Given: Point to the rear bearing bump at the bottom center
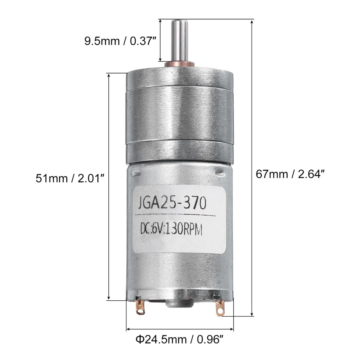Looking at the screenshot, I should [179, 302].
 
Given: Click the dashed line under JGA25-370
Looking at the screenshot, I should [175, 215].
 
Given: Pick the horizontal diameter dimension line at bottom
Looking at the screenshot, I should [180, 330].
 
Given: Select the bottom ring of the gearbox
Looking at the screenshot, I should [180, 152].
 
